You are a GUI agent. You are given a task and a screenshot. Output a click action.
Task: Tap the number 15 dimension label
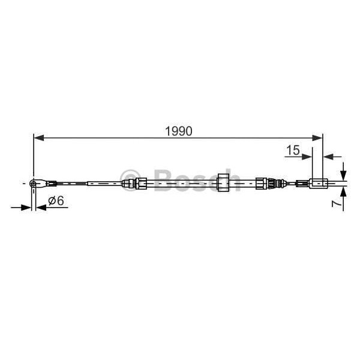[x=293, y=150]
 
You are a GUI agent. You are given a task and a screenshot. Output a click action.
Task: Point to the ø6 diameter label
[x=56, y=201]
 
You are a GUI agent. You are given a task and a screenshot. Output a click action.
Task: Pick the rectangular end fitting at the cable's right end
[x=317, y=182]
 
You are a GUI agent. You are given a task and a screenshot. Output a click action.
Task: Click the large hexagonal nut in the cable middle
[x=224, y=182]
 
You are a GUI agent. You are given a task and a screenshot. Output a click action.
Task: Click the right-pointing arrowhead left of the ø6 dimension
[x=26, y=208]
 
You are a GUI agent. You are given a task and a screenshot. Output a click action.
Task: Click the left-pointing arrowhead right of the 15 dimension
[x=328, y=157]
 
